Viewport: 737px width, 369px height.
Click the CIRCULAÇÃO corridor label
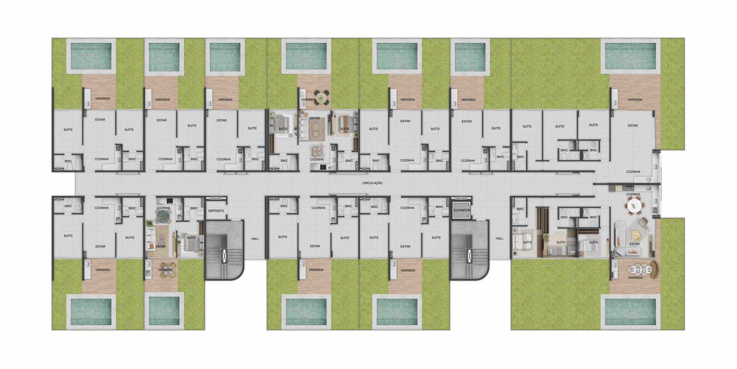372,183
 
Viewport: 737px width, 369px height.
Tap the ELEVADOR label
462,210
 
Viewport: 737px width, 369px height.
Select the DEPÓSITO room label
216,211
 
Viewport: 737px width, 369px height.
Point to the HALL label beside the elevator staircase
499,239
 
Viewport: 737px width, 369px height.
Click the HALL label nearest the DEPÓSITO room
255,239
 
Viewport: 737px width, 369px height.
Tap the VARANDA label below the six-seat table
635,278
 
